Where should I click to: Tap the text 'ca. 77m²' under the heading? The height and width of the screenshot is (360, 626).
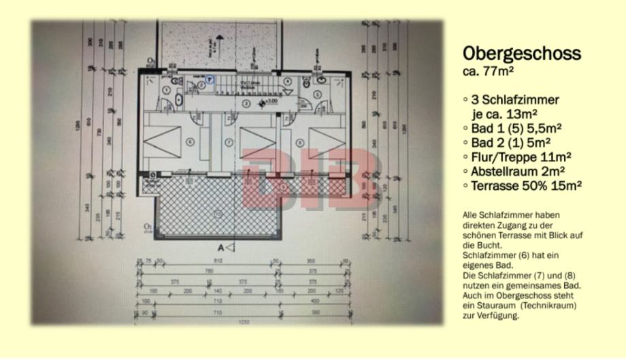(x=488, y=69)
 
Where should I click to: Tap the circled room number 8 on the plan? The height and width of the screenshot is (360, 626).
(x=300, y=142)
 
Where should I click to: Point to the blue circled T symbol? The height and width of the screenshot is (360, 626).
(x=210, y=79)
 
